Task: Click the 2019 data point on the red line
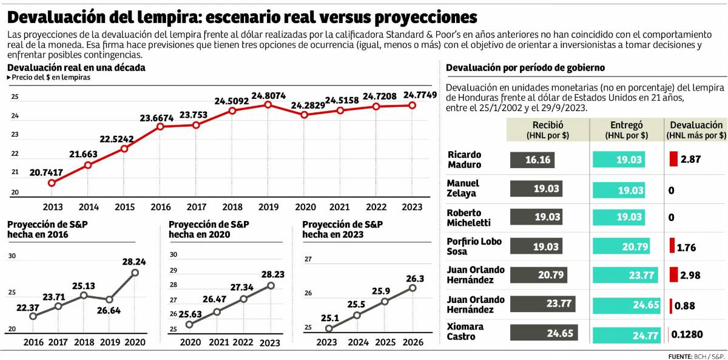click(268, 104)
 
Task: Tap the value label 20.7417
click(45, 172)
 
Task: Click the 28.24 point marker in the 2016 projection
click(135, 272)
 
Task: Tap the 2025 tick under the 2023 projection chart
click(384, 342)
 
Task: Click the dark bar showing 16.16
click(533, 159)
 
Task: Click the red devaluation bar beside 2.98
click(673, 274)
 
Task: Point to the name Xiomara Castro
click(465, 331)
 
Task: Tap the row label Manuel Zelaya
click(463, 188)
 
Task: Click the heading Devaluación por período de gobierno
click(525, 67)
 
